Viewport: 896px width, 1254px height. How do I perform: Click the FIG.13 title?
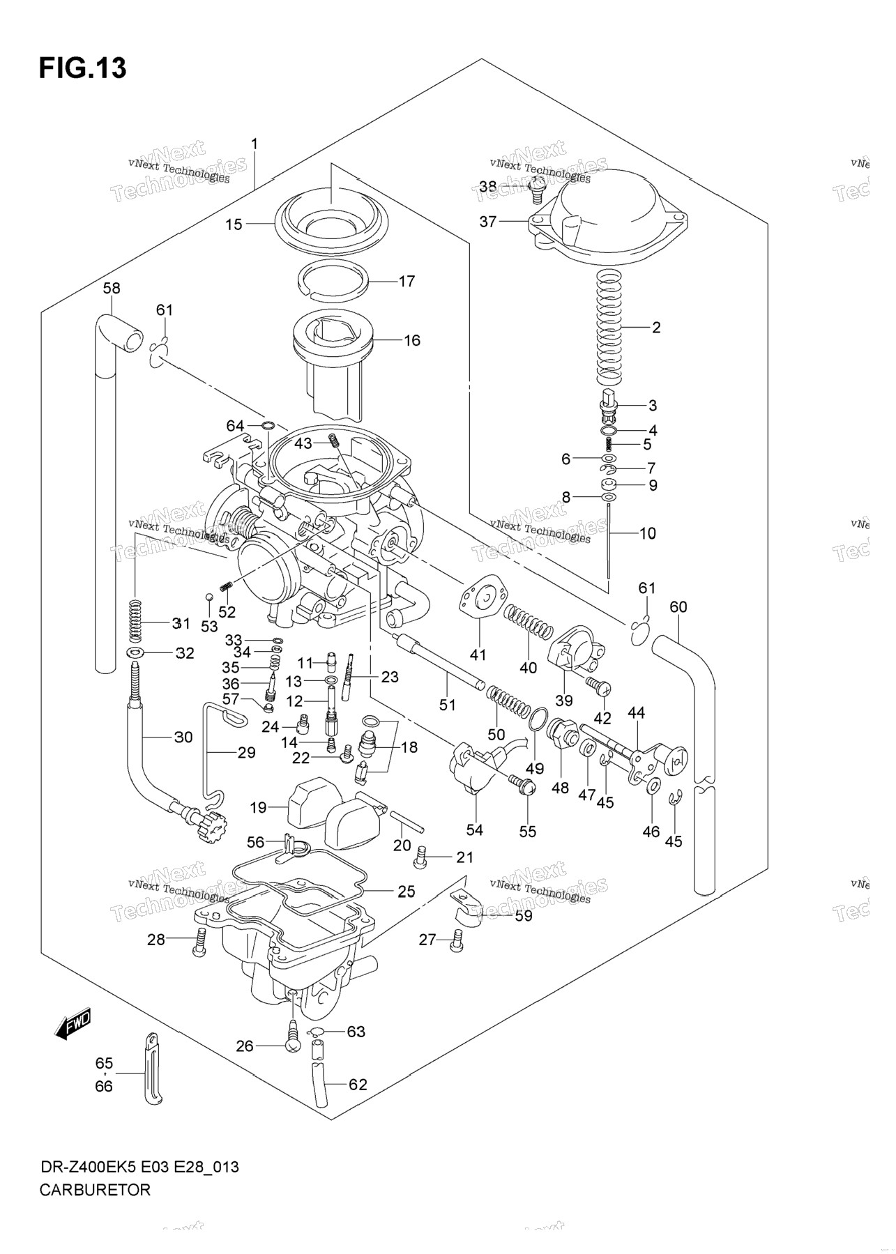(83, 69)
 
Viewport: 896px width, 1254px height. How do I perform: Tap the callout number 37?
(488, 222)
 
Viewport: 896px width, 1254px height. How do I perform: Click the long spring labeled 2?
(609, 327)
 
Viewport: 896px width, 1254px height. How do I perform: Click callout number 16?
(412, 341)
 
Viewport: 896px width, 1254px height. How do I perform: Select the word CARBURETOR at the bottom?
(95, 1189)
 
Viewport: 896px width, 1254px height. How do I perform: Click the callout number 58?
(112, 288)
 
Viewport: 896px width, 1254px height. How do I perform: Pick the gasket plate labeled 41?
(482, 597)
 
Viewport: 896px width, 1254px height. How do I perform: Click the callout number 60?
(678, 607)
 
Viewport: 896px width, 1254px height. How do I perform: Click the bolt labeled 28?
(202, 942)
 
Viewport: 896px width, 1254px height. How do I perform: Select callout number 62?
(357, 1085)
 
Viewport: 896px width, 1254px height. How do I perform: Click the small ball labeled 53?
(208, 597)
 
